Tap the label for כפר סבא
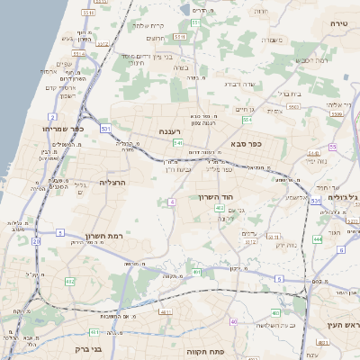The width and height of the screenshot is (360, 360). [x=245, y=142]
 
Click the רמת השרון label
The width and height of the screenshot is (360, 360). [x=103, y=235]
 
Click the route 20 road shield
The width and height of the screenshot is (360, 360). [x=36, y=241]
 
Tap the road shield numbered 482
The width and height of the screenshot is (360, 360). [x=70, y=282]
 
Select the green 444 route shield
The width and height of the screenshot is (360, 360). [x=318, y=238]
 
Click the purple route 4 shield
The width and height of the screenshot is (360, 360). [x=171, y=202]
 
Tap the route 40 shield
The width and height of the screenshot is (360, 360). [x=234, y=321]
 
